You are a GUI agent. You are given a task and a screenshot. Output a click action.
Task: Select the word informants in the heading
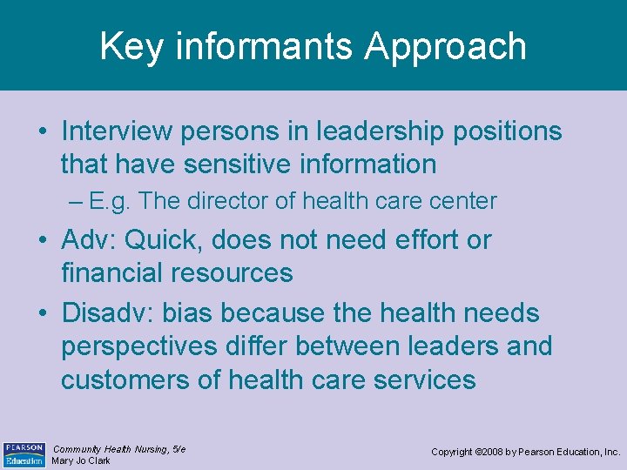coord(262,46)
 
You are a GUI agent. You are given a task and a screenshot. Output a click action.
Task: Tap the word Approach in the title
coord(445,48)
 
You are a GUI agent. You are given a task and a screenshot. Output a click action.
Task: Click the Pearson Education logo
coord(24,453)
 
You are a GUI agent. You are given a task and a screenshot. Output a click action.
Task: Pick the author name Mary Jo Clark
coord(82,460)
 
